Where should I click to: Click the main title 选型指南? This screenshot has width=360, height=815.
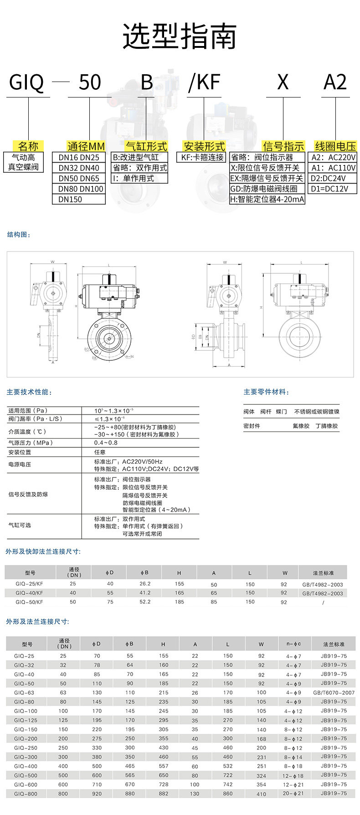pyautogui.click(x=180, y=36)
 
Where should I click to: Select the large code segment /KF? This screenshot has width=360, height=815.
pyautogui.click(x=204, y=82)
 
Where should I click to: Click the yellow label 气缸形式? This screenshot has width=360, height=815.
pyautogui.click(x=146, y=146)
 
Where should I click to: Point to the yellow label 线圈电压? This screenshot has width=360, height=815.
pyautogui.click(x=335, y=146)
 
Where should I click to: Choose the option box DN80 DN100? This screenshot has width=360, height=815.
pyautogui.click(x=81, y=189)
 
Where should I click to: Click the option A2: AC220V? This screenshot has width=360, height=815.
pyautogui.click(x=333, y=157)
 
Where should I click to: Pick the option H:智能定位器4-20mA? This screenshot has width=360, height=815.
pyautogui.click(x=267, y=199)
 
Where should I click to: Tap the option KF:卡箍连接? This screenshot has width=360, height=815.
pyautogui.click(x=202, y=157)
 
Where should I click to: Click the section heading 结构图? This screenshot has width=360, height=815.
pyautogui.click(x=19, y=235)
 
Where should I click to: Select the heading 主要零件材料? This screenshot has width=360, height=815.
pyautogui.click(x=266, y=392)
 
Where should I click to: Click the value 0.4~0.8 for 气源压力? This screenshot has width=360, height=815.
pyautogui.click(x=106, y=443)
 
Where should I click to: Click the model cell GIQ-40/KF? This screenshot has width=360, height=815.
pyautogui.click(x=29, y=593)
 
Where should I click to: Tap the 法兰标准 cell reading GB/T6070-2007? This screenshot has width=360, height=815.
pyautogui.click(x=334, y=692)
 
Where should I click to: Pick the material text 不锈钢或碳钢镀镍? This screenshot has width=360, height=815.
pyautogui.click(x=317, y=412)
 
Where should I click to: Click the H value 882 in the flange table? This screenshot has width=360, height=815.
pyautogui.click(x=163, y=794)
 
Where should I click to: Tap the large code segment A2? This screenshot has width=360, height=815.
pyautogui.click(x=335, y=82)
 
